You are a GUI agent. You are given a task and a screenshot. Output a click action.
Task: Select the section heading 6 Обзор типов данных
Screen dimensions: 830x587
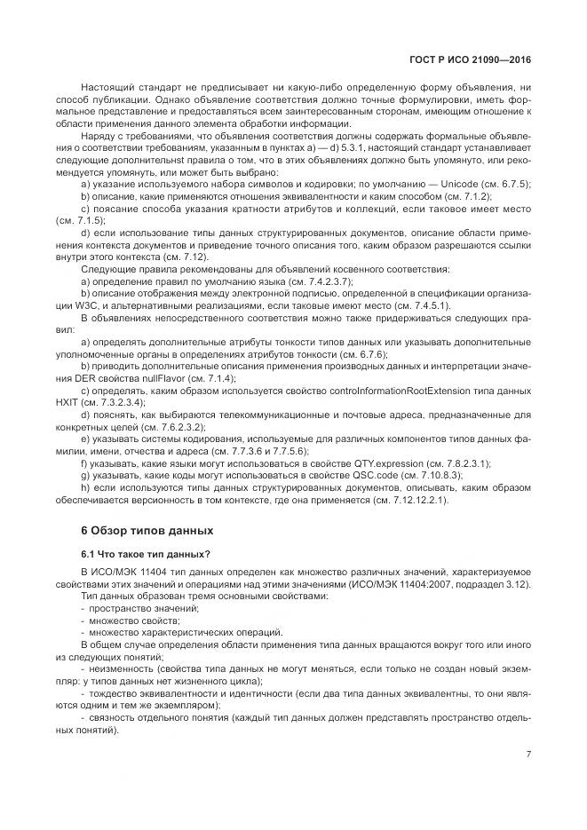[x=147, y=530]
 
